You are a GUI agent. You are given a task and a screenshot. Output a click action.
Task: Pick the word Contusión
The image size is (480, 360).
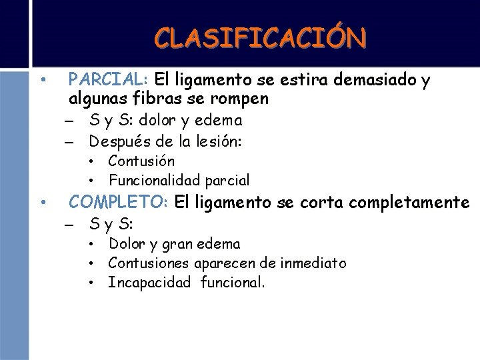tap(141, 161)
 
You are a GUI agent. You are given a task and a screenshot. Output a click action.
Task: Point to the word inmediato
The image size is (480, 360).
tap(313, 263)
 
